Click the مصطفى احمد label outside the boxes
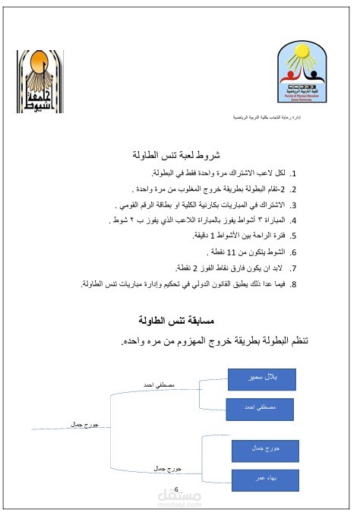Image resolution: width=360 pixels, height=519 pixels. pos(159,385)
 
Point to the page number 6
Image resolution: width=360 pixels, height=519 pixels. pos(176,489)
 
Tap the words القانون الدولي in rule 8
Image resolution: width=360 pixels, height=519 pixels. pos(218,284)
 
